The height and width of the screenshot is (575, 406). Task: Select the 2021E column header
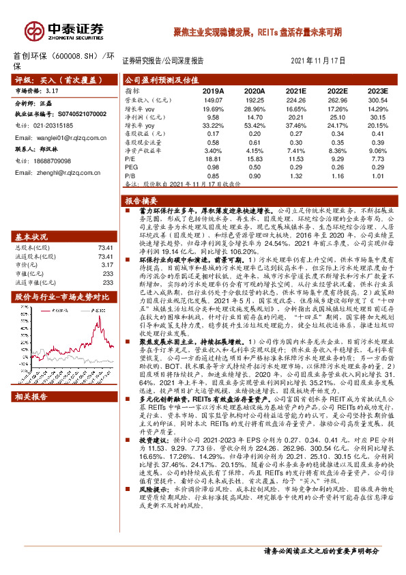point(295,90)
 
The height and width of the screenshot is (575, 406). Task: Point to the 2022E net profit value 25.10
point(336,118)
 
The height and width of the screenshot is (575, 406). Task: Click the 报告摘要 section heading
point(141,201)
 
